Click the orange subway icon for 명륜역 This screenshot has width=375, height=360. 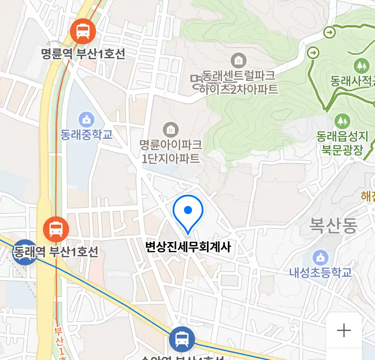pyautogui.click(x=83, y=32)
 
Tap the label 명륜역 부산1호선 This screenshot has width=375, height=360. pyautogui.click(x=83, y=54)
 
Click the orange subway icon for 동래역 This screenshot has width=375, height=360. pyautogui.click(x=56, y=229)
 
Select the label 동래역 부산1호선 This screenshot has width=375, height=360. pyautogui.click(x=56, y=252)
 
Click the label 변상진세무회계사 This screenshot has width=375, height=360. pyautogui.click(x=188, y=247)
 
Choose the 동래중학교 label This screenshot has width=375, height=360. pyautogui.click(x=87, y=135)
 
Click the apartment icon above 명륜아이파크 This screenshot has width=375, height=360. pyautogui.click(x=171, y=130)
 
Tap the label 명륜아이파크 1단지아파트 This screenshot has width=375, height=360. pyautogui.click(x=171, y=151)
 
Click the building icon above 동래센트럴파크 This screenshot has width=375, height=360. pyautogui.click(x=239, y=61)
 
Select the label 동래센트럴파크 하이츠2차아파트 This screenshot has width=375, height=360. pyautogui.click(x=238, y=83)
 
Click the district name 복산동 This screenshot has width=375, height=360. pyautogui.click(x=333, y=225)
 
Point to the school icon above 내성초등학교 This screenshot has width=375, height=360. pyautogui.click(x=320, y=258)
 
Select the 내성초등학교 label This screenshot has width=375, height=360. pyautogui.click(x=320, y=273)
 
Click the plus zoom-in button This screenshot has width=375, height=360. pyautogui.click(x=344, y=331)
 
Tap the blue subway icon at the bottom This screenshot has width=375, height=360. pyautogui.click(x=182, y=339)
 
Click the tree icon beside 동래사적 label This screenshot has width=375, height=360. pyautogui.click(x=361, y=66)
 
